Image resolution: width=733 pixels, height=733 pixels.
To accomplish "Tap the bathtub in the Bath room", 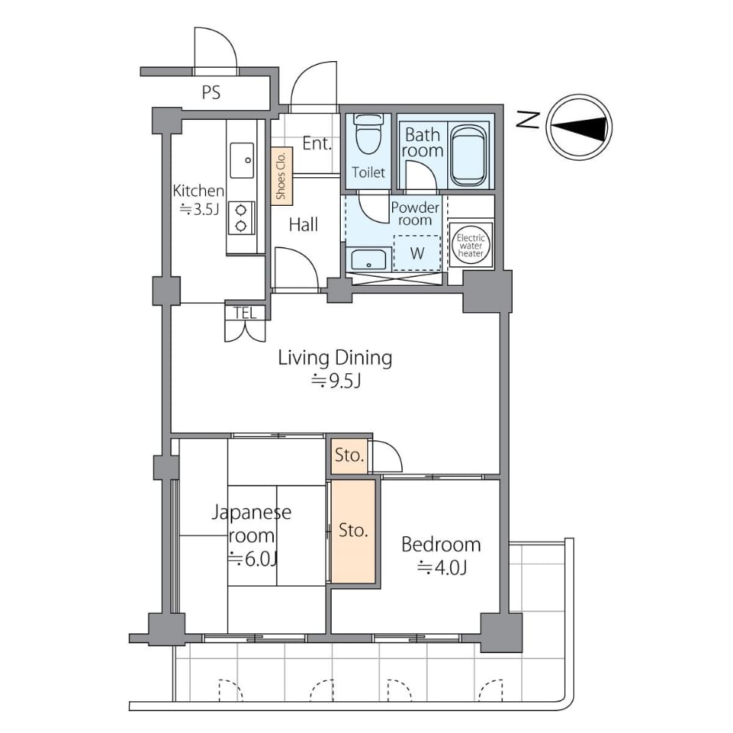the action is coord(468,155).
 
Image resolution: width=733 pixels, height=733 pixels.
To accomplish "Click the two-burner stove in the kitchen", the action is coord(241,218).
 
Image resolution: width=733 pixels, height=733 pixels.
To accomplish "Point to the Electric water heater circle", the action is coord(471,246).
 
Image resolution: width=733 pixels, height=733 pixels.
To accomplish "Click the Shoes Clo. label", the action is coord(281,176).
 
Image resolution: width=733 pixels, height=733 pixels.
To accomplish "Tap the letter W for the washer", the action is coord(417,253).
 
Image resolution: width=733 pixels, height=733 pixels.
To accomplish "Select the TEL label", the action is coord(245,313).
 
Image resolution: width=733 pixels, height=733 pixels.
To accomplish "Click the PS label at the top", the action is coord(211,92).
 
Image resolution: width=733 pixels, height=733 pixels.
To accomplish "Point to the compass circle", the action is coord(579,127).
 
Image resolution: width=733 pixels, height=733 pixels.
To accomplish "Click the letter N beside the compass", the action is coord(528,121).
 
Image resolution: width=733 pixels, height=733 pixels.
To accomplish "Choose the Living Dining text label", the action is coord(335,358).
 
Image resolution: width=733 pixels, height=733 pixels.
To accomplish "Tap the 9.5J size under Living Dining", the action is coord(336,382).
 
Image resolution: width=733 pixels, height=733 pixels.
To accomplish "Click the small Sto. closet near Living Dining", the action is coord(349,455).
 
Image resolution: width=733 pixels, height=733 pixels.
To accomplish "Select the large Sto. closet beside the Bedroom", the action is coord(354,531).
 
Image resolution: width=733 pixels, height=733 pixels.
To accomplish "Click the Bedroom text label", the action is coord(441,544).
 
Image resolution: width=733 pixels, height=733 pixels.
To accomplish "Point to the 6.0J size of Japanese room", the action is coord(253,559).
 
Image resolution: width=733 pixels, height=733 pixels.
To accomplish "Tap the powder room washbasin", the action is coord(368,259).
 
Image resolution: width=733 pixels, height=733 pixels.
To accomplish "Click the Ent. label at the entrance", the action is coord(317,143).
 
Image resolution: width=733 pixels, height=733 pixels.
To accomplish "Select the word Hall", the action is coord(303,225).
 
